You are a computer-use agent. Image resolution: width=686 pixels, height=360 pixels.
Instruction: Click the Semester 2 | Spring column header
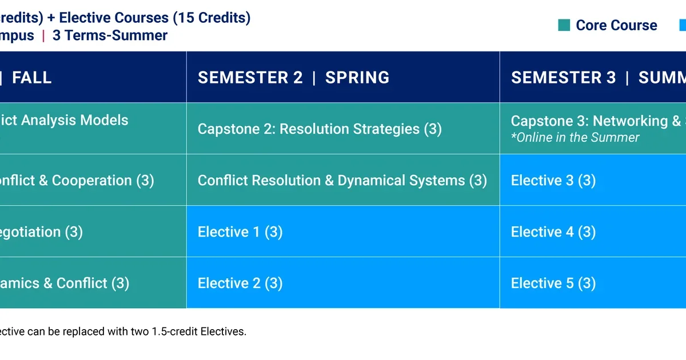pos(293,78)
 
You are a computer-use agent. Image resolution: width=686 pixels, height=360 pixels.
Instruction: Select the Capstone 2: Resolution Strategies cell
pos(320,129)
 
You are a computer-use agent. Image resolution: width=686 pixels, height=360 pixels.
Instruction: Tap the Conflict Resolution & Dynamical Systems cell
pos(342,181)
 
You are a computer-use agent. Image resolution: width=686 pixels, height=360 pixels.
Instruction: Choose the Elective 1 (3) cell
pos(240,232)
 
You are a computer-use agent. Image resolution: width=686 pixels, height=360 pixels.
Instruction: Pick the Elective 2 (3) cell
pos(240,283)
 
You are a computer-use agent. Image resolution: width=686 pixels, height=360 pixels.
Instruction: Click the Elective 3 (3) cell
pos(553,181)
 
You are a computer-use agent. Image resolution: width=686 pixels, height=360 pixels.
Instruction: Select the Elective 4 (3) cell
pos(553,232)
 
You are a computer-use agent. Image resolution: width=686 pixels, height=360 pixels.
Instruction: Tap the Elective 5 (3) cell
pos(553,283)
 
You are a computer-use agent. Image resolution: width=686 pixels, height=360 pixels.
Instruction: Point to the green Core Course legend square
pos(564,25)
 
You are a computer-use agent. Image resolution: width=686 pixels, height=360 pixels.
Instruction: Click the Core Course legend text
pos(616,26)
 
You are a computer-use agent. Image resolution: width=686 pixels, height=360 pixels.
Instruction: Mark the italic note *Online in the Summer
pos(575,138)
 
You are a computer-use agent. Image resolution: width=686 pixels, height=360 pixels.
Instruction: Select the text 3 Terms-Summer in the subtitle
pos(110,35)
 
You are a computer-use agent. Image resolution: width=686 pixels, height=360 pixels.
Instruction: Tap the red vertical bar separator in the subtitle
pos(43,35)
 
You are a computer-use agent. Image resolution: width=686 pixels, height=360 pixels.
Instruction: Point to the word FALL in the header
pos(32,78)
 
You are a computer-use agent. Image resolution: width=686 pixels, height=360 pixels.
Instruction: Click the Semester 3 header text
pos(563,78)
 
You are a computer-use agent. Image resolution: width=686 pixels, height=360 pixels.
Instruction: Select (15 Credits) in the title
pos(212,18)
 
